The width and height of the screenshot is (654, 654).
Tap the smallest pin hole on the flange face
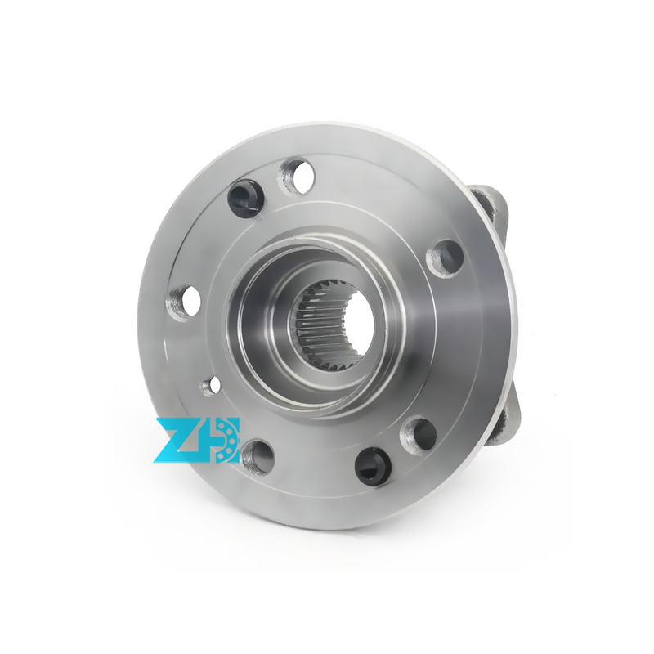pyautogui.click(x=210, y=385)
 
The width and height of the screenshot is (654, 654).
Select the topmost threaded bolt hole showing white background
pyautogui.click(x=296, y=176)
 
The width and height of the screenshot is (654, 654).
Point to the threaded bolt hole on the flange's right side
pyautogui.click(x=445, y=258)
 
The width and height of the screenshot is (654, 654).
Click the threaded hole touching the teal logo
pyautogui.click(x=258, y=456)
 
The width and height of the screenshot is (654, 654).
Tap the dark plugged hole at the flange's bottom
pyautogui.click(x=374, y=466)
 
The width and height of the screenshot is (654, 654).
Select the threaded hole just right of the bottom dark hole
pyautogui.click(x=419, y=436)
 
